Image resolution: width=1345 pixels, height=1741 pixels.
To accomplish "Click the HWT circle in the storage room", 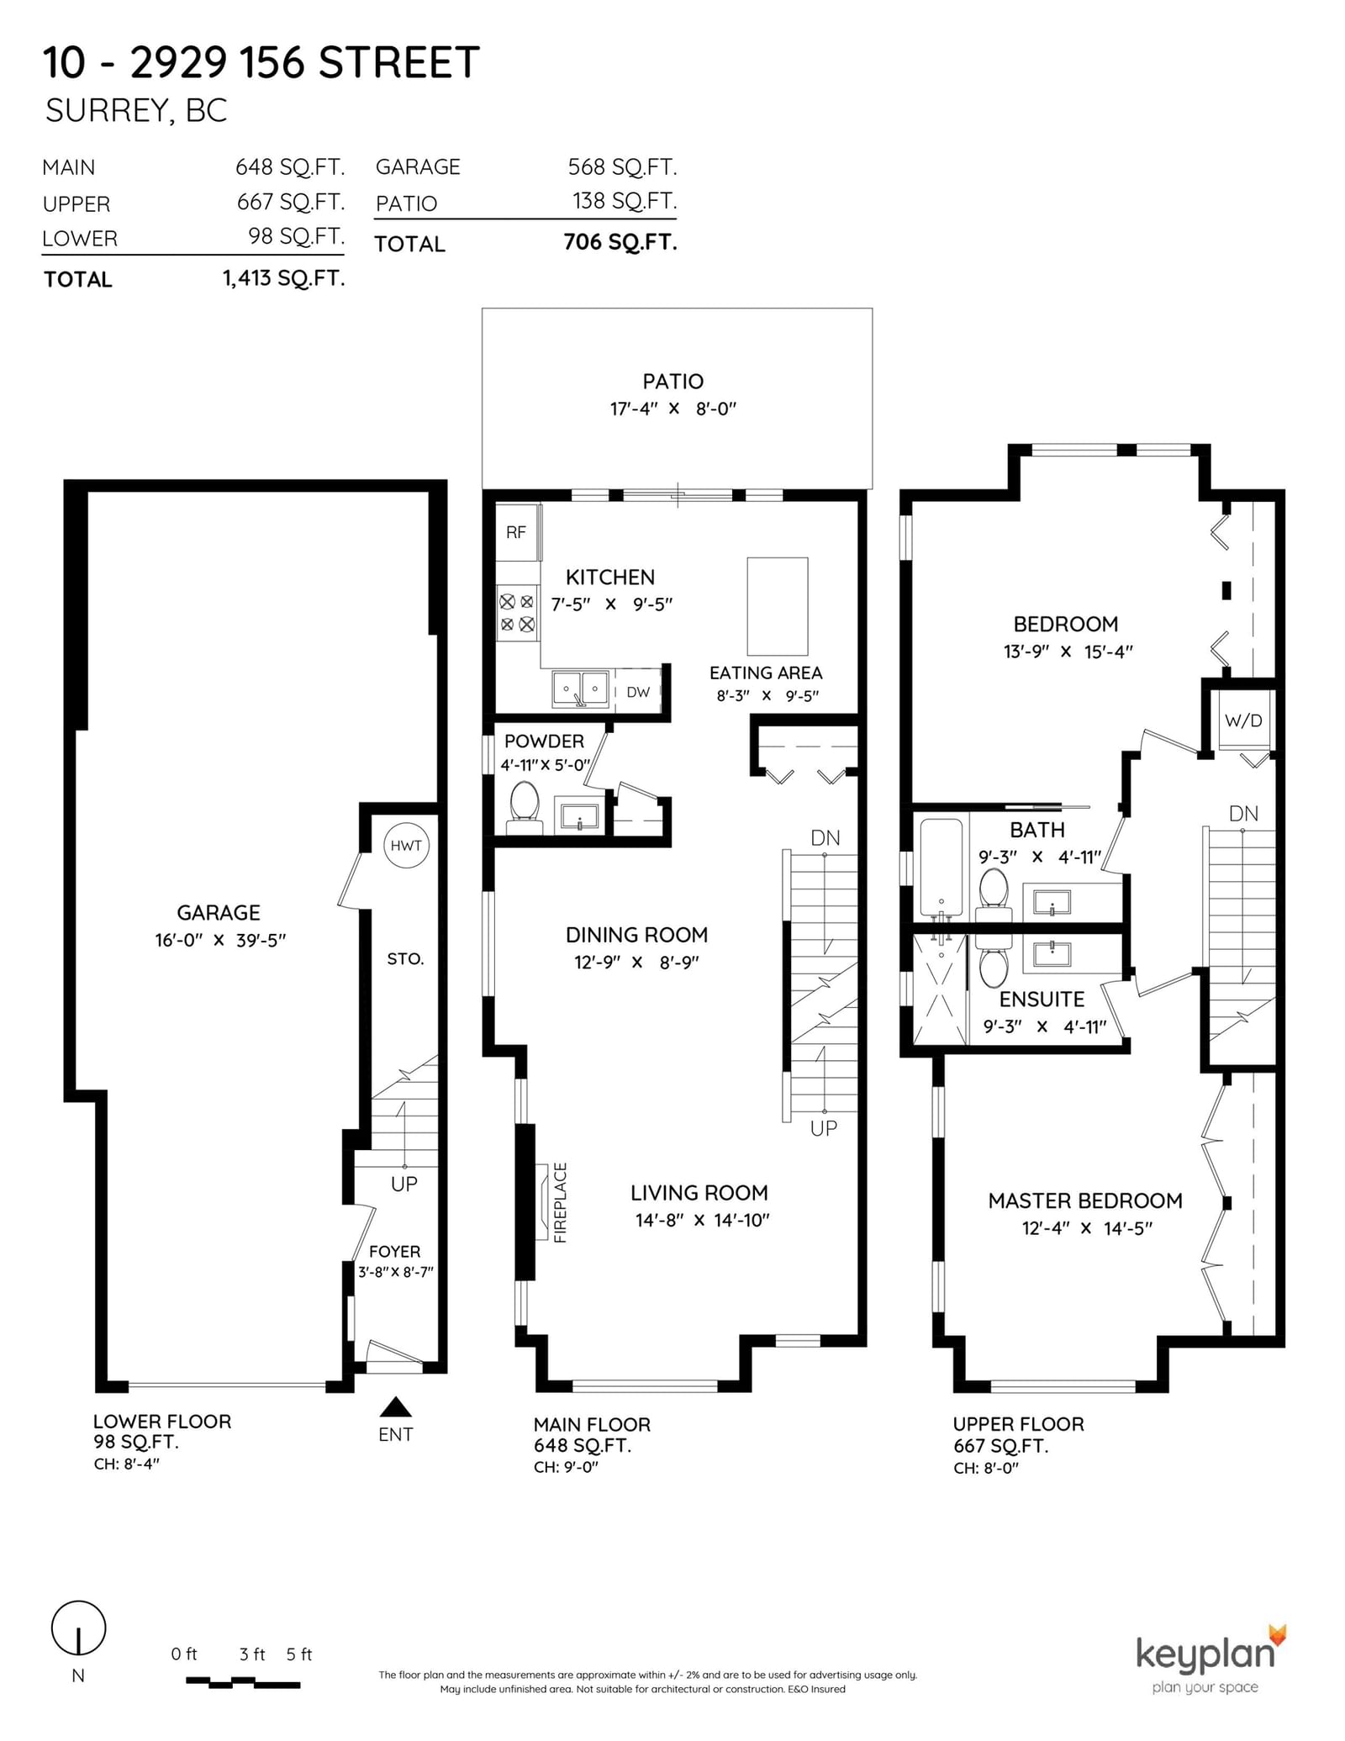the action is [406, 845].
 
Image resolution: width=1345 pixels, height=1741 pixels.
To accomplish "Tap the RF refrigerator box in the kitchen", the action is [517, 532].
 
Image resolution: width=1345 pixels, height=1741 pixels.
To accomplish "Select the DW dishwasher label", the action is [638, 692].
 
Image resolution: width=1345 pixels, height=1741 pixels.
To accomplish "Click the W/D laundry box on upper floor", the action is [1243, 720].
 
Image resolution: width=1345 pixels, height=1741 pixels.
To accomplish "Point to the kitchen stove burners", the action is [517, 613].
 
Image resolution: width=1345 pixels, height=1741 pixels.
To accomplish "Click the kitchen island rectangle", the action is [778, 606].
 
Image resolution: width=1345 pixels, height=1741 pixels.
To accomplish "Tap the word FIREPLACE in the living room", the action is [561, 1202].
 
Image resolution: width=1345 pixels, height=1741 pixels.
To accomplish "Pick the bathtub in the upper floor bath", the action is [941, 868].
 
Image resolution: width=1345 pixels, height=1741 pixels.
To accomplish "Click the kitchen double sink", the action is [580, 689].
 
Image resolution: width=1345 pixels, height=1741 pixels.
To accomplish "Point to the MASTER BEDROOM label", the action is [1085, 1200].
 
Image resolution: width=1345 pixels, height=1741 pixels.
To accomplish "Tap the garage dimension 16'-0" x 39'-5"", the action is [220, 940].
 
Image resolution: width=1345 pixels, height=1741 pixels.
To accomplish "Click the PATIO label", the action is [672, 382].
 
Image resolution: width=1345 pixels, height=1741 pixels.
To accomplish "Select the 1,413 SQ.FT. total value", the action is [284, 278].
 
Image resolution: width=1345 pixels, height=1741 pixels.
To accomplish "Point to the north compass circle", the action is [79, 1628].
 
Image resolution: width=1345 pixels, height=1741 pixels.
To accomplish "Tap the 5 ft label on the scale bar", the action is [299, 1654].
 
